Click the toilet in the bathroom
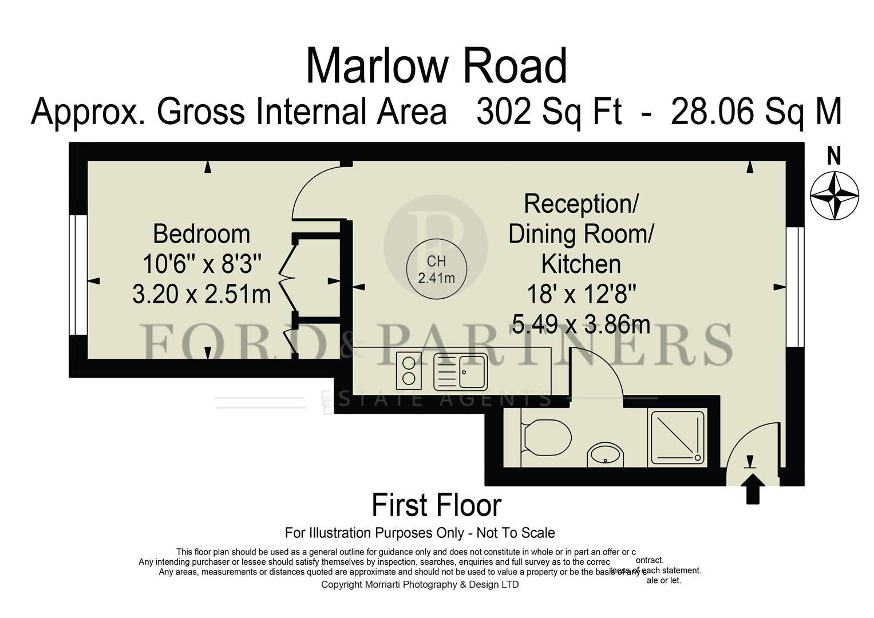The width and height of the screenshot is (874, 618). pos(547,438)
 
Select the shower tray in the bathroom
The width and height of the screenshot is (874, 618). pos(678,438)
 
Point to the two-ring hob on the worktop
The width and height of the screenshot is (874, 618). pos(409,370)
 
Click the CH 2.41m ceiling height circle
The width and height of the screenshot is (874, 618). pos(436,269)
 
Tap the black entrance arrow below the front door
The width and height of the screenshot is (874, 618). pos(753,490)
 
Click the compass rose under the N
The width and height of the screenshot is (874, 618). pos(835,195)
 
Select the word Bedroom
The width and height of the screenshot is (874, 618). pos(201,235)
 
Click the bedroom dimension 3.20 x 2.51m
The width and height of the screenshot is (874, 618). pos(201,295)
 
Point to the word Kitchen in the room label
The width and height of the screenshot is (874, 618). pos(581,264)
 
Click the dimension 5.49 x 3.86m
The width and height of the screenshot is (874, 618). pos(581,325)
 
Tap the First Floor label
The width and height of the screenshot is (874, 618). pos(436,505)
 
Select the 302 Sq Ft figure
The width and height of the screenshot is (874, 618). pos(548,112)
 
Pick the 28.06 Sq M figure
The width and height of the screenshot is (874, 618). pos(756,112)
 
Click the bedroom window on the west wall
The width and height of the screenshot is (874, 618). pos(78,275)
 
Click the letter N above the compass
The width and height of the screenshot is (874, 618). pos(835,156)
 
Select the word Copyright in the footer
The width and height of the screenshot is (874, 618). pos(342,584)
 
